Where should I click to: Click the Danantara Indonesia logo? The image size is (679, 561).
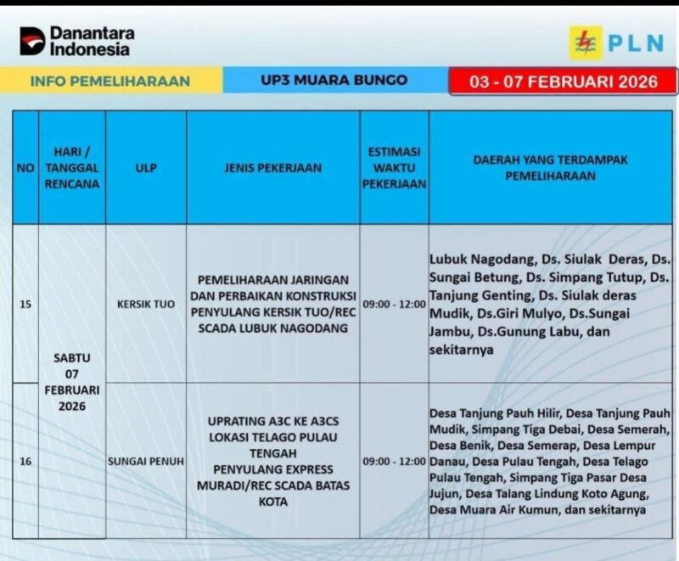pyautogui.click(x=76, y=41)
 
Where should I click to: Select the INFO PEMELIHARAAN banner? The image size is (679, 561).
pyautogui.click(x=110, y=81)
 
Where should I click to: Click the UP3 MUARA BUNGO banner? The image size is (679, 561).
pyautogui.click(x=334, y=81)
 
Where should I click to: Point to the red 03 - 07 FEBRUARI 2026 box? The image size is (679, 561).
pyautogui.click(x=563, y=81)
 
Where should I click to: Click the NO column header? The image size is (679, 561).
pyautogui.click(x=25, y=168)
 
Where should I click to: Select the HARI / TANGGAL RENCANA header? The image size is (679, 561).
pyautogui.click(x=72, y=167)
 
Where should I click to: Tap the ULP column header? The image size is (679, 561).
pyautogui.click(x=145, y=168)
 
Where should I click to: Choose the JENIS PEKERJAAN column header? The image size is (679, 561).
pyautogui.click(x=273, y=168)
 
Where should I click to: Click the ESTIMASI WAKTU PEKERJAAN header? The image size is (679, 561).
pyautogui.click(x=394, y=167)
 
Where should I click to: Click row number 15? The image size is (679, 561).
pyautogui.click(x=25, y=303)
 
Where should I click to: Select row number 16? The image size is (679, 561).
pyautogui.click(x=25, y=462)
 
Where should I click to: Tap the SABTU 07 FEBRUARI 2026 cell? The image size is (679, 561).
pyautogui.click(x=72, y=382)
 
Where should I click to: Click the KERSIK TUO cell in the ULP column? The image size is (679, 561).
pyautogui.click(x=145, y=303)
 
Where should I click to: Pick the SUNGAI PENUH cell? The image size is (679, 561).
pyautogui.click(x=145, y=462)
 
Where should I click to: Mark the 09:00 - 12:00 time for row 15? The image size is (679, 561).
pyautogui.click(x=394, y=303)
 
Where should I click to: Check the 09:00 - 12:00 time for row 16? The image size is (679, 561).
pyautogui.click(x=394, y=462)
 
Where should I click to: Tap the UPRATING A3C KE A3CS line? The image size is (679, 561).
pyautogui.click(x=273, y=421)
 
